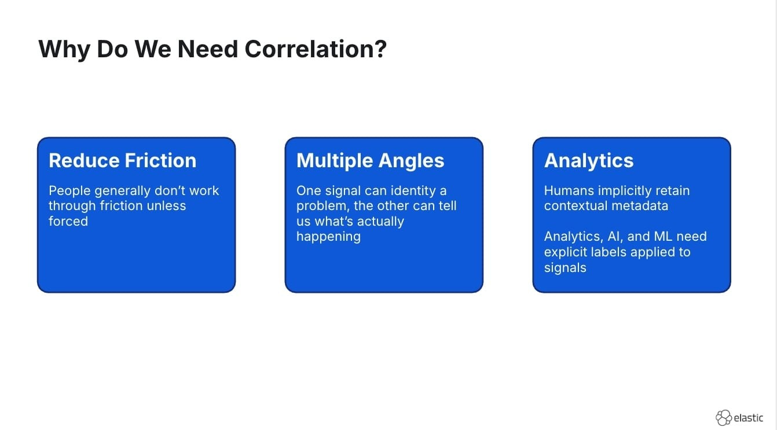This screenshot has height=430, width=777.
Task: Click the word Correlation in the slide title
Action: click(316, 49)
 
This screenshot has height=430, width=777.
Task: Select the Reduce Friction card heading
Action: click(122, 160)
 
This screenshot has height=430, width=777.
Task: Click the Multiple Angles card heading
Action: click(370, 160)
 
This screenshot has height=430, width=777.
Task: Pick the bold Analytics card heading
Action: click(589, 160)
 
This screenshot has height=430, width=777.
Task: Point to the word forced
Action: click(68, 221)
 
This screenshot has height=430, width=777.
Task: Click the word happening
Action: click(328, 236)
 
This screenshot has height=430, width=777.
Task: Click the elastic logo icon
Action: click(724, 417)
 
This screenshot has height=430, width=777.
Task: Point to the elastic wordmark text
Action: click(749, 418)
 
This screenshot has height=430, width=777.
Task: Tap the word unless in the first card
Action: click(166, 205)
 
